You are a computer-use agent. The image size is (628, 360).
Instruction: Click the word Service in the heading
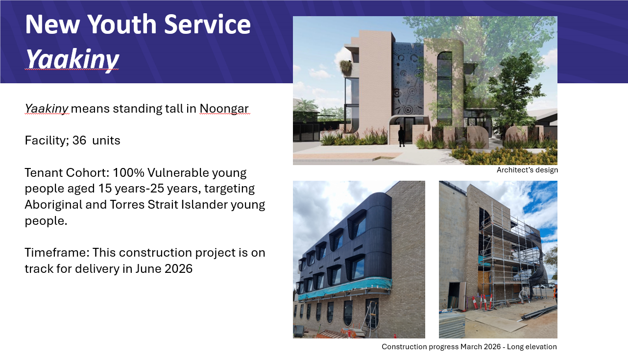[x=207, y=24]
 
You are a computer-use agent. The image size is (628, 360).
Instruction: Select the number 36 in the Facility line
[x=79, y=140]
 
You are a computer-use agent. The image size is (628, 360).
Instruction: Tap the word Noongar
[x=224, y=109]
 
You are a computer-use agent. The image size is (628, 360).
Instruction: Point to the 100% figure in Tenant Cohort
[x=128, y=172]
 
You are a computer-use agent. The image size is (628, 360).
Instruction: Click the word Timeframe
[x=57, y=252]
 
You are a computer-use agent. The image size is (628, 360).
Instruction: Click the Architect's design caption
[x=527, y=170]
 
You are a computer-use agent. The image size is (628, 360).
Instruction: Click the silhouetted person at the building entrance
[x=402, y=137]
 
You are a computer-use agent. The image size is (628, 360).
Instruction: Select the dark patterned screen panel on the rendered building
[x=408, y=83]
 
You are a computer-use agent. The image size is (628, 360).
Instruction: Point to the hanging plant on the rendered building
[x=346, y=68]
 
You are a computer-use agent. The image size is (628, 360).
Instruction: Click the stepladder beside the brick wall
[x=369, y=319]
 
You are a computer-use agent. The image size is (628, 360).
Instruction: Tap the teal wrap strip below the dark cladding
[x=345, y=288]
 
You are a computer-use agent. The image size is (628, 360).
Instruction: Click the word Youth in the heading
[x=122, y=24]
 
